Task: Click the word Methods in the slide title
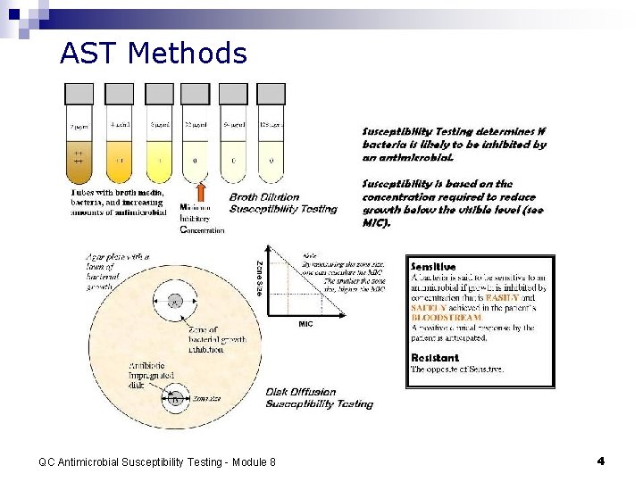187,54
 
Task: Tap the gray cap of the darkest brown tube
79,93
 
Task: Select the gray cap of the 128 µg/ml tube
271,93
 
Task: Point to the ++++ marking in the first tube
79,159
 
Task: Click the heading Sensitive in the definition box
433,266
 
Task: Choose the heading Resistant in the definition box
434,357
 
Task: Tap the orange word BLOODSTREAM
447,317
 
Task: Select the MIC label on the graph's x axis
305,324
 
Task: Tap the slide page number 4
600,461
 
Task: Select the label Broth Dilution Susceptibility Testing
283,203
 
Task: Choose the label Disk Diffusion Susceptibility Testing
319,397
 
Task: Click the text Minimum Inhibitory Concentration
202,219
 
